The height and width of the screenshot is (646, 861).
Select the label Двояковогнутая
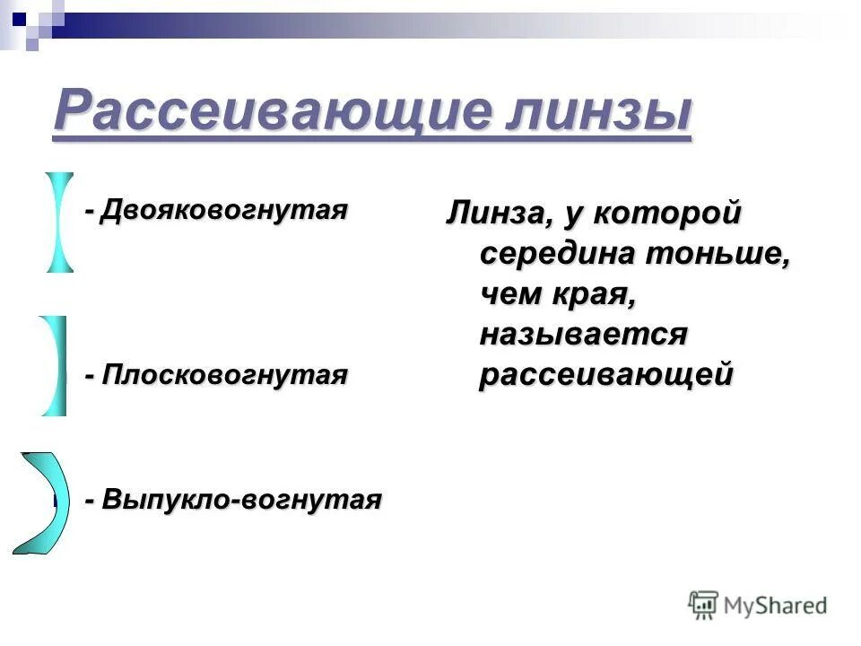224,211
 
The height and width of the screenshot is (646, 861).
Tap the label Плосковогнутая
224,374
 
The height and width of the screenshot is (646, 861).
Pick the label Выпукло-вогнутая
242,499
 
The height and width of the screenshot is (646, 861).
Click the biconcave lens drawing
60,222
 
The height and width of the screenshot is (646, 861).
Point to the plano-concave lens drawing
55,365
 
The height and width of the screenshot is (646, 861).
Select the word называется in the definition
583,334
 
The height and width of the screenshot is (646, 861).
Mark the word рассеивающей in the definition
606,373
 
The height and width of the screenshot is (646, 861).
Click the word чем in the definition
510,293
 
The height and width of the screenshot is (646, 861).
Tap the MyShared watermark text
777,605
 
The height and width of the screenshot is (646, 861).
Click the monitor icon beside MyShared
704,605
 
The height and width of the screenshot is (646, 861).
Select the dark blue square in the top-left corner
19,17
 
